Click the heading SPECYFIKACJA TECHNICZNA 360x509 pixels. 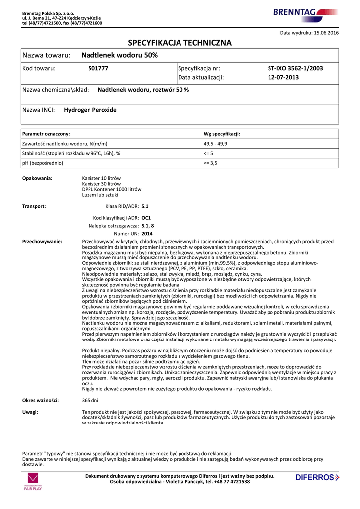[180, 43]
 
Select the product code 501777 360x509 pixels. [98, 68]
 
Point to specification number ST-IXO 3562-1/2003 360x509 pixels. [295, 68]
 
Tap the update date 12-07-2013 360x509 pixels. [283, 77]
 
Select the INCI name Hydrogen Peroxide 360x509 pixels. [90, 110]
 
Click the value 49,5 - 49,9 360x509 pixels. [216, 144]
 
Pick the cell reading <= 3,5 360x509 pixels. [211, 163]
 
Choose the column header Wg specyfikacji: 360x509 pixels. [222, 134]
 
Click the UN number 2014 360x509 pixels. [147, 233]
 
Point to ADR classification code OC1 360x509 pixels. [146, 218]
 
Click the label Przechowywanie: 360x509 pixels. [42, 241]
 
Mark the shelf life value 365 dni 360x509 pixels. [90, 400]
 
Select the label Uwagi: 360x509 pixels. [30, 412]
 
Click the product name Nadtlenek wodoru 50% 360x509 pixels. [119, 55]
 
